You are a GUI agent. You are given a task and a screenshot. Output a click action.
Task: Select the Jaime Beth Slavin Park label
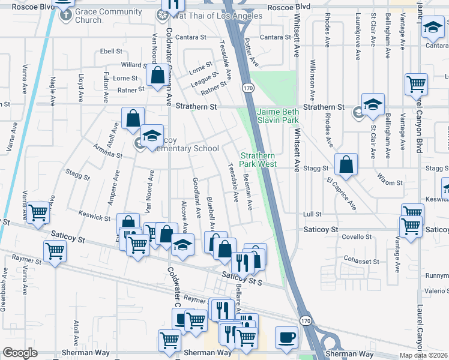pyautogui.click(x=278, y=116)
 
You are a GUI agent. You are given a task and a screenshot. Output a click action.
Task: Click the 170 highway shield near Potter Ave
pyautogui.click(x=247, y=88)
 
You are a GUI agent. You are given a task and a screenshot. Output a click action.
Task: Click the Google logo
pyautogui.click(x=20, y=352)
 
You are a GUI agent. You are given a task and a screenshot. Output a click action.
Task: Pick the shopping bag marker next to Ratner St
pyautogui.click(x=157, y=76)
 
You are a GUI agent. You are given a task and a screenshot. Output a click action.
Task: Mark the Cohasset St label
pyautogui.click(x=366, y=260)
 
